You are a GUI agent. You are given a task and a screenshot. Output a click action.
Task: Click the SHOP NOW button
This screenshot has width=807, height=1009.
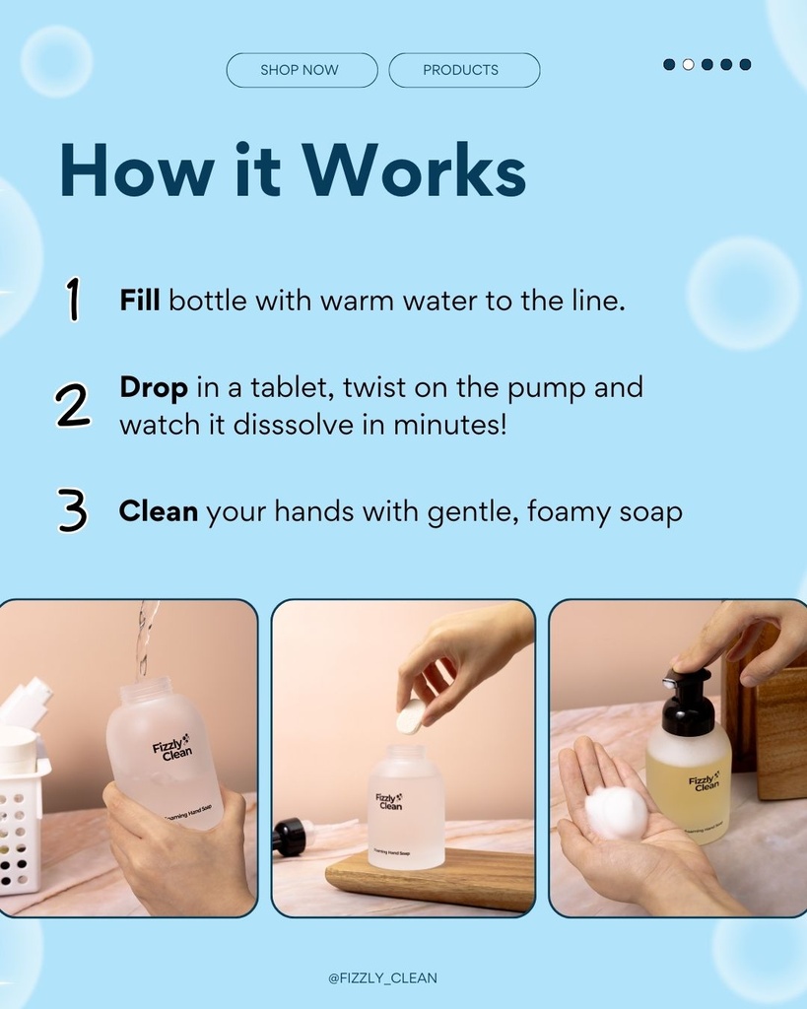click(x=302, y=70)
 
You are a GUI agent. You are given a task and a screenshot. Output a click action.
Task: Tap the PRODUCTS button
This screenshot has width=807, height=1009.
click(x=464, y=70)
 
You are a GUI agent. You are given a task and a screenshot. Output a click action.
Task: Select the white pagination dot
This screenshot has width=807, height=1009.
click(x=688, y=64)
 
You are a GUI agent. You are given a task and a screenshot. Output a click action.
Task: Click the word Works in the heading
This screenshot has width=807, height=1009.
click(x=414, y=171)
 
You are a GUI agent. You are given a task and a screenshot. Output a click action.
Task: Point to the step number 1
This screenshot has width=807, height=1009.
click(x=73, y=300)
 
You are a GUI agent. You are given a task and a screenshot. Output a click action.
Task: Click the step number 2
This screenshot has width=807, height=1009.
click(x=73, y=405)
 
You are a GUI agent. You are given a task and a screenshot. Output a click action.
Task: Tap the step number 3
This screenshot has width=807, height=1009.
click(x=73, y=511)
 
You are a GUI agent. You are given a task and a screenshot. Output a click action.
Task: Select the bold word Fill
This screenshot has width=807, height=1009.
click(x=140, y=301)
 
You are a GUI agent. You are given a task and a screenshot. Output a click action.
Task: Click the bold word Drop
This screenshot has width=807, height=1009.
click(x=153, y=387)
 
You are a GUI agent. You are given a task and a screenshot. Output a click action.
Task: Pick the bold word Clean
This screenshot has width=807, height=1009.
click(x=158, y=511)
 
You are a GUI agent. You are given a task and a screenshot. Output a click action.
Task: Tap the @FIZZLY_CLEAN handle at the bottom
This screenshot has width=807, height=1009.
click(x=382, y=978)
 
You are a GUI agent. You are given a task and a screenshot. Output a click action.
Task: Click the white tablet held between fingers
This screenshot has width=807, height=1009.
click(x=410, y=716)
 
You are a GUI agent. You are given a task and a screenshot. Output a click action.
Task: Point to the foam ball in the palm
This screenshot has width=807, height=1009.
click(x=616, y=812)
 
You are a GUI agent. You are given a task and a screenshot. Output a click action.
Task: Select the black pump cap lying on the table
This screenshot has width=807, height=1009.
click(x=289, y=837)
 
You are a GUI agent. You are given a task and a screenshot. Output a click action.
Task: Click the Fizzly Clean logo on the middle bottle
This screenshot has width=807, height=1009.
click(x=389, y=801)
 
